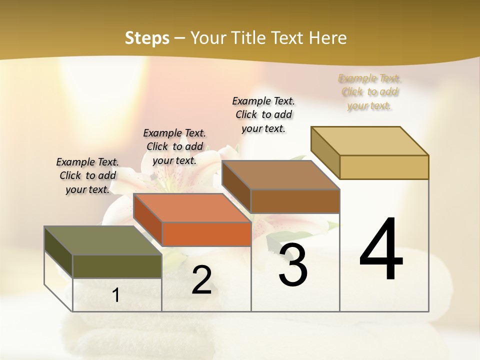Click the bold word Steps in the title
147,38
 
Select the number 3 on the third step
293,265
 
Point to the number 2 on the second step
201,280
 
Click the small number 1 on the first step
116,295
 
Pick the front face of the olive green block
117,266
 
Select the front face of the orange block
206,234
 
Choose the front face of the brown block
295,201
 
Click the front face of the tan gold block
384,167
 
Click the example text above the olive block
87,175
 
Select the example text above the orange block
174,146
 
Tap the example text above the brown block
263,114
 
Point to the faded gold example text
369,92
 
